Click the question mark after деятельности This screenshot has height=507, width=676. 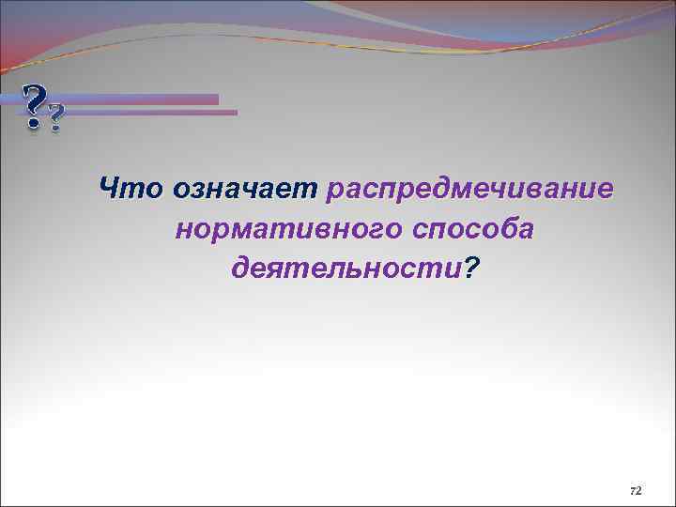tap(470, 269)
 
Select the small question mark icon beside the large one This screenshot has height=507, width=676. tap(56, 117)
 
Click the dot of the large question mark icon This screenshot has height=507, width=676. tap(34, 123)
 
